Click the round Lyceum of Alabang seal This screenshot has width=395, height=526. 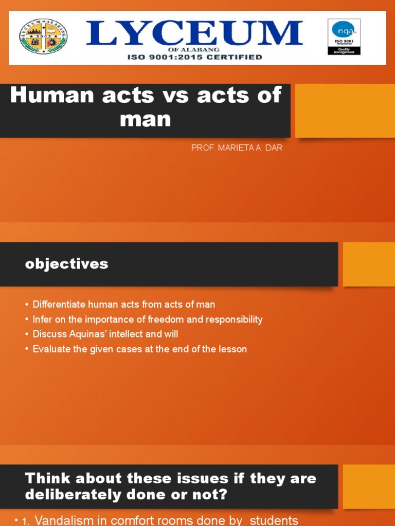point(43,37)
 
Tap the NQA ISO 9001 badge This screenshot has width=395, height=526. point(344,37)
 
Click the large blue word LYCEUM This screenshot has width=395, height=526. point(194,33)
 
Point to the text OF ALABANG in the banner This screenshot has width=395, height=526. point(194,49)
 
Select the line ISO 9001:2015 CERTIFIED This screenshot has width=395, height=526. point(194,57)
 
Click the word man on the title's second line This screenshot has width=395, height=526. point(145,119)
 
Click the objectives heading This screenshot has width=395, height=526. point(67,264)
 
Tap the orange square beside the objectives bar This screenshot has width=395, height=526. point(369,264)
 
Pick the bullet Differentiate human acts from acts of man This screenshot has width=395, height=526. point(123,305)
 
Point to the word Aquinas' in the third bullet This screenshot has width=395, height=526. point(85,334)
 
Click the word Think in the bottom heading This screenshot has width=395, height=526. point(47,479)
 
